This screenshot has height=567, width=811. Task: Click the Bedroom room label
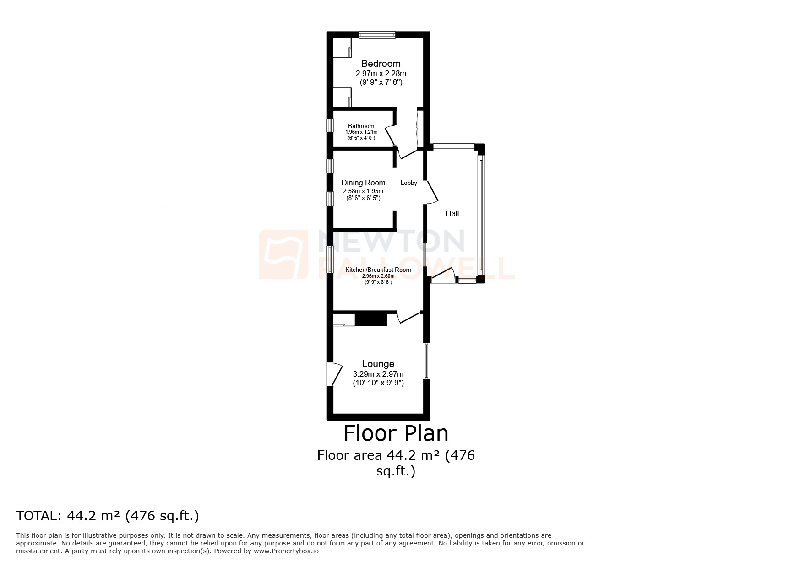(x=381, y=64)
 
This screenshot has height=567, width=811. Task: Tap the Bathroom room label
(x=361, y=126)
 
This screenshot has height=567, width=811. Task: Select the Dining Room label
(x=363, y=183)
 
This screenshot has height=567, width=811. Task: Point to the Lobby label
(x=408, y=183)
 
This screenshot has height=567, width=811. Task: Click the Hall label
(x=452, y=213)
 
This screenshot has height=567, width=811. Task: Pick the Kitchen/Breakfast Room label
(x=378, y=270)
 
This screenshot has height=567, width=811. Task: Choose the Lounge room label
(x=378, y=364)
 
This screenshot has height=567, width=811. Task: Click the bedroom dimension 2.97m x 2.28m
(x=381, y=73)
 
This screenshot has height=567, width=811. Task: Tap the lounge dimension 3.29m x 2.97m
(x=378, y=374)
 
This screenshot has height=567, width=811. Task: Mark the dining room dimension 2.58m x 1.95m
(x=363, y=191)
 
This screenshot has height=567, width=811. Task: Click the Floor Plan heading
(x=396, y=433)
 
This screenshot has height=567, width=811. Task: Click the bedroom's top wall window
(x=377, y=35)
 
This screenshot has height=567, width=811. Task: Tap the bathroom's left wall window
(x=330, y=125)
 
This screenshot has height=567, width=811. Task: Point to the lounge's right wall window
(x=426, y=361)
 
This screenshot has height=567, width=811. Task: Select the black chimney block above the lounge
(x=371, y=319)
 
